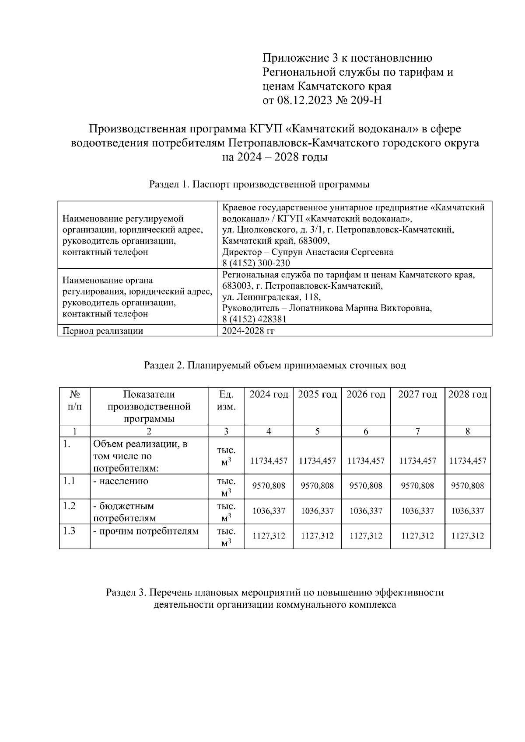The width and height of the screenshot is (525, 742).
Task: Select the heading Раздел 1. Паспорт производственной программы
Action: pyautogui.click(x=259, y=184)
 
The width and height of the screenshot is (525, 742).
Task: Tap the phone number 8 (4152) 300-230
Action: pyautogui.click(x=256, y=263)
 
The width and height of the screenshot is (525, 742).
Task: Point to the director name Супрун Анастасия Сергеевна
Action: pyautogui.click(x=332, y=252)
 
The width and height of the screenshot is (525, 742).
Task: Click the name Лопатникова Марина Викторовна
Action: pyautogui.click(x=360, y=309)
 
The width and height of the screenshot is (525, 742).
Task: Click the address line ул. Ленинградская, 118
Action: pyautogui.click(x=271, y=297)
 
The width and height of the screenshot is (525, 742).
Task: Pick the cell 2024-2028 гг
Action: pyautogui.click(x=248, y=331)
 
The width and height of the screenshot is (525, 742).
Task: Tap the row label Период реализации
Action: pyautogui.click(x=103, y=331)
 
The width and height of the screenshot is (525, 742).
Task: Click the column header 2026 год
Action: pyautogui.click(x=366, y=395)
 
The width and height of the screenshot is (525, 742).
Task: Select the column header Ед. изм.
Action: pyautogui.click(x=226, y=401)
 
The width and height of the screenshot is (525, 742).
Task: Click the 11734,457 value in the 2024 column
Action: pyautogui.click(x=269, y=461)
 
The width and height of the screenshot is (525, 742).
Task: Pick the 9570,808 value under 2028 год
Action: pyautogui.click(x=468, y=485)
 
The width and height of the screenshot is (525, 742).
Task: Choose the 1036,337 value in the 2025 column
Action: pyautogui.click(x=317, y=511)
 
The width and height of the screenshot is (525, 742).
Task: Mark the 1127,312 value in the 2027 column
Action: pyautogui.click(x=417, y=536)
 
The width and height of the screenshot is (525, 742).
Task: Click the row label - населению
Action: pyautogui.click(x=121, y=482)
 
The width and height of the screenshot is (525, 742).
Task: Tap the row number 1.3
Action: pyautogui.click(x=69, y=531)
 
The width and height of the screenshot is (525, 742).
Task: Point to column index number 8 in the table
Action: pyautogui.click(x=468, y=431)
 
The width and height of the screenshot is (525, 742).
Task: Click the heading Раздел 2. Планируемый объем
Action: pyautogui.click(x=275, y=365)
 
